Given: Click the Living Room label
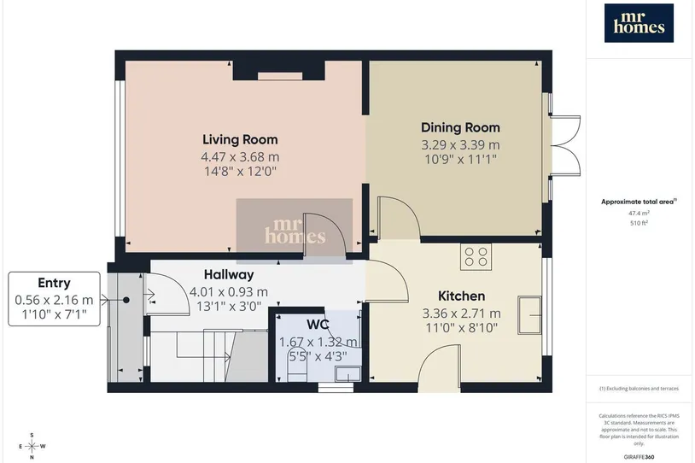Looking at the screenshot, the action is pos(240,139).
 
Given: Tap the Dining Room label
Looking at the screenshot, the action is pos(460,128).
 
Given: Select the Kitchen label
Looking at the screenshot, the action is pos(461,296).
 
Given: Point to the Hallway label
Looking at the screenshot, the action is pos(229,275).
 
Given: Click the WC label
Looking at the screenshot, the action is pos(318,325).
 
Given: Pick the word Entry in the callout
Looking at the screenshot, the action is pos(54,283).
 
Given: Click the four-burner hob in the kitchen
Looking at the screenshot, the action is pos(476,257).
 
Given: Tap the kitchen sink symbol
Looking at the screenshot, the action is pos(529,315).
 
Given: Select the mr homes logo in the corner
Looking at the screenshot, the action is pos(639,23).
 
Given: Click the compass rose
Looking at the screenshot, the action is pos(32,446).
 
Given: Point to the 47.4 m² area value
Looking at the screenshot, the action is pos(639,213).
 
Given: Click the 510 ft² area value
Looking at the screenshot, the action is pos(639,223).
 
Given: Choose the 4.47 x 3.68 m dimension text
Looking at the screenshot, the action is pos(240,157).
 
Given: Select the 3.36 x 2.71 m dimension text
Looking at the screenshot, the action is pos(461,314).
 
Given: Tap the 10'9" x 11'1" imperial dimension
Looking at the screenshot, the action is pos(460,159).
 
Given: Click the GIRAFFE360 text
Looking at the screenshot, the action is pos(639,457).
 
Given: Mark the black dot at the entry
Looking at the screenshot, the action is pos(126,300).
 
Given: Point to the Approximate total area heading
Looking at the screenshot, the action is pos(639,202).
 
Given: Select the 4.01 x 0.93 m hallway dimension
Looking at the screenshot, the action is pos(229,292).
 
